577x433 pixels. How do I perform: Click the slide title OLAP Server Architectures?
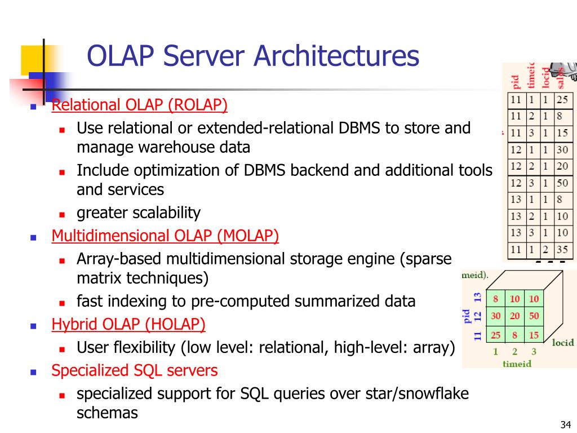pyautogui.click(x=253, y=56)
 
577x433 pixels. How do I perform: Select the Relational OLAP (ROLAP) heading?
pyautogui.click(x=140, y=105)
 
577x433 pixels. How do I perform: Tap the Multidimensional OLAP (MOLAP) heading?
pyautogui.click(x=165, y=236)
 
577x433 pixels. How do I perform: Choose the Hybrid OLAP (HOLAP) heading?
pyautogui.click(x=128, y=324)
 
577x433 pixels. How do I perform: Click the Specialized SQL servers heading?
pyautogui.click(x=134, y=370)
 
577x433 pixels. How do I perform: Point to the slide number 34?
pyautogui.click(x=566, y=425)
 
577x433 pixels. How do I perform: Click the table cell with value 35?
pyautogui.click(x=562, y=249)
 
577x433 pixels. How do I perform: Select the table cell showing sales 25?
pyautogui.click(x=562, y=100)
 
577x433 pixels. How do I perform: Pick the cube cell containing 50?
pyautogui.click(x=534, y=316)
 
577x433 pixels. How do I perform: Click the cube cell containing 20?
pyautogui.click(x=514, y=316)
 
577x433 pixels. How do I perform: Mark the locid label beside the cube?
pyautogui.click(x=563, y=342)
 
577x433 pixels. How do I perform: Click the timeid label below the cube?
pyautogui.click(x=517, y=364)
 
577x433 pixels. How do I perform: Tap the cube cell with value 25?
pyautogui.click(x=495, y=335)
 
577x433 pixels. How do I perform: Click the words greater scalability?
pyautogui.click(x=139, y=213)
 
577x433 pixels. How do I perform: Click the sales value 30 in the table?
pyautogui.click(x=562, y=151)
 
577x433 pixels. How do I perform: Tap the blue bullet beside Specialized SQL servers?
pyautogui.click(x=33, y=372)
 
